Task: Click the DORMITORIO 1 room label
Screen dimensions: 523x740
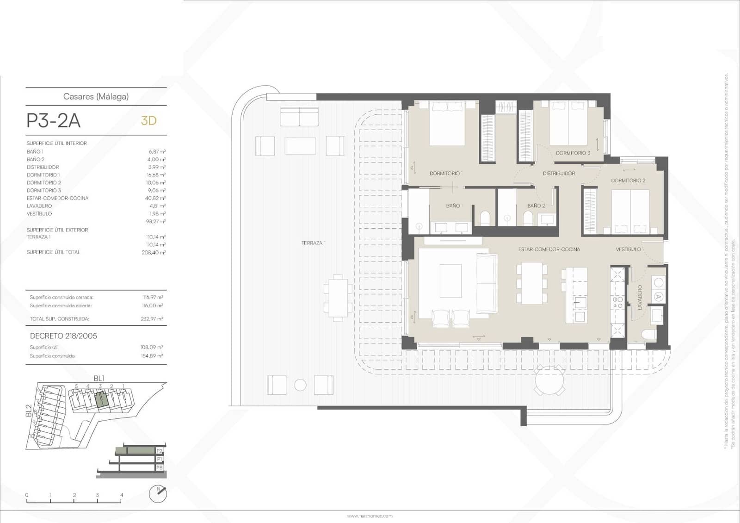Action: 445,174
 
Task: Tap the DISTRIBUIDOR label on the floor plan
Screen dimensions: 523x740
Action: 559,174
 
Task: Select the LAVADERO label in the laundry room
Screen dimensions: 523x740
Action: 640,297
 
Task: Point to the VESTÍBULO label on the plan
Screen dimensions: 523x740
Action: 628,249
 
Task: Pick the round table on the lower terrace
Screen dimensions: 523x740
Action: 550,380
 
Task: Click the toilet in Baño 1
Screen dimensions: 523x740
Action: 485,217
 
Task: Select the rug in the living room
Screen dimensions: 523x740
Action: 450,280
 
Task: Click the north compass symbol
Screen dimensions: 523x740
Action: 158,493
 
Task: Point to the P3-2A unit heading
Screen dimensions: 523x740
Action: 54,121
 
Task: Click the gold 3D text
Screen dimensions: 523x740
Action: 149,121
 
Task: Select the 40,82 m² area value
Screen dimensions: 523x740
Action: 155,198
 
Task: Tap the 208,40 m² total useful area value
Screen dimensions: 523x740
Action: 154,253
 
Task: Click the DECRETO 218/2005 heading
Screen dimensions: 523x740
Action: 63,336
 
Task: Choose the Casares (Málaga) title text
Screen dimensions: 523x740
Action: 96,97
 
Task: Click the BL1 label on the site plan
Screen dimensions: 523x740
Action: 99,379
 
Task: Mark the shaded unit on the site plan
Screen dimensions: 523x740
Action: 101,399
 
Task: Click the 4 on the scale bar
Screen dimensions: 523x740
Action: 122,495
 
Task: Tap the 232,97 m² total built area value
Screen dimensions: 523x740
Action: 152,319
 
